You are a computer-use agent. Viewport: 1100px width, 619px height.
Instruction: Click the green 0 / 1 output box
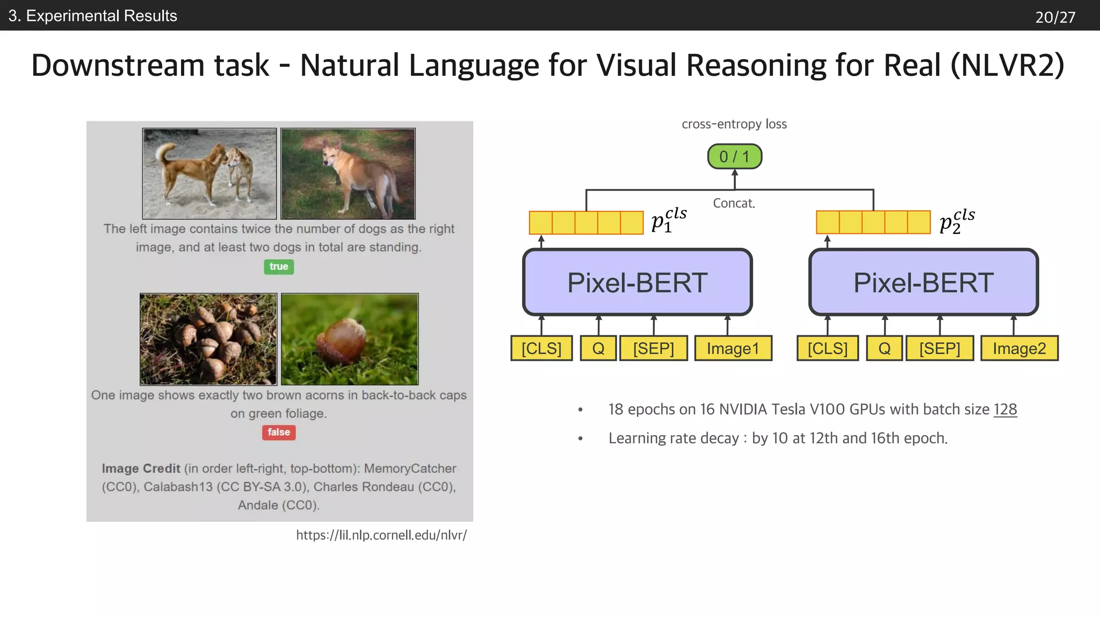click(x=734, y=156)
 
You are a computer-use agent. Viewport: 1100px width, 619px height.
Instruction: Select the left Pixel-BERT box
click(x=637, y=283)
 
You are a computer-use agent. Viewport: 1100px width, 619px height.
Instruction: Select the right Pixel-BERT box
click(x=923, y=283)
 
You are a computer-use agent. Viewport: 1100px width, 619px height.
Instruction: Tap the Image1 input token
click(x=733, y=348)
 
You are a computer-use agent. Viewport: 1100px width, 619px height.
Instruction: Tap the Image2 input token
click(x=1019, y=348)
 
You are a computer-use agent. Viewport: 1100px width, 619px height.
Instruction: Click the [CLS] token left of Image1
click(x=541, y=348)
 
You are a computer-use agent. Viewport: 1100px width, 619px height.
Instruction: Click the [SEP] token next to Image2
click(x=939, y=348)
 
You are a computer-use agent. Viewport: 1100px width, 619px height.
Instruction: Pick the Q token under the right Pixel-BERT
click(x=884, y=348)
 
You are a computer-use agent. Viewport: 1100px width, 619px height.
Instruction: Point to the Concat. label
click(x=734, y=203)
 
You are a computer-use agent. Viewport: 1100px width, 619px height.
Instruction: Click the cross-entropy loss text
click(x=734, y=124)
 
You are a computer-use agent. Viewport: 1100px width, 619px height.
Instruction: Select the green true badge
click(x=279, y=267)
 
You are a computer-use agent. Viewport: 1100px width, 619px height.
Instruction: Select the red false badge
click(x=279, y=432)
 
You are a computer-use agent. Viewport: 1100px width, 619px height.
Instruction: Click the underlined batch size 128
click(x=1005, y=409)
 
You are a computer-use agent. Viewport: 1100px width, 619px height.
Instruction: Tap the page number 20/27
click(x=1055, y=17)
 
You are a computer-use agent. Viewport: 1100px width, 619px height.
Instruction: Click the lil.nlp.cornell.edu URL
click(x=381, y=535)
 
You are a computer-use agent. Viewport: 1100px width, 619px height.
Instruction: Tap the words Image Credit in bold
click(x=141, y=469)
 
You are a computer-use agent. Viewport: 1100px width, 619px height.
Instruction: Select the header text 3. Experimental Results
click(x=92, y=16)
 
